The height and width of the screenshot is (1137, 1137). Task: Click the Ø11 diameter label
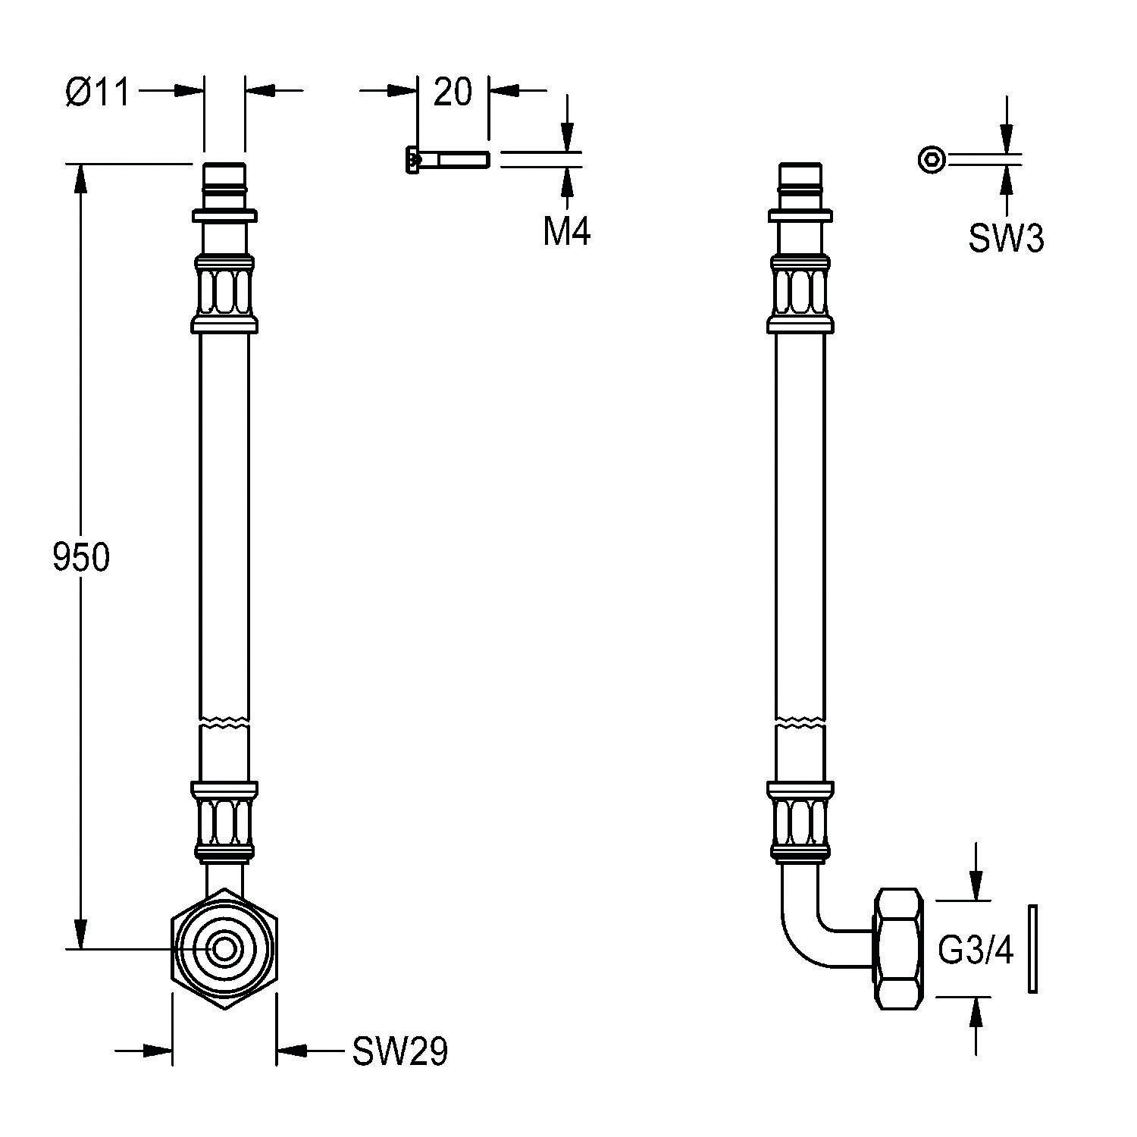(97, 92)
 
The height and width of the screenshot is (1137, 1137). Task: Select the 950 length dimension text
(81, 557)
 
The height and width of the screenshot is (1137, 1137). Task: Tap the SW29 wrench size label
(399, 1051)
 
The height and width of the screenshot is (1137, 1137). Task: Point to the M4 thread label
(566, 231)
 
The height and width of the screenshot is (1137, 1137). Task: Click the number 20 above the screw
(453, 92)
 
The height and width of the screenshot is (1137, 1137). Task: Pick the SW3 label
(1006, 239)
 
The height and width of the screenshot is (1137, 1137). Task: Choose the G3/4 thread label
(976, 951)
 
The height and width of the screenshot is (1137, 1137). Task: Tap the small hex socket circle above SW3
(932, 160)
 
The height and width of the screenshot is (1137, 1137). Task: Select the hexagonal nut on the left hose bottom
(224, 948)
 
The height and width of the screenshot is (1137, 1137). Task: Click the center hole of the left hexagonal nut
(224, 948)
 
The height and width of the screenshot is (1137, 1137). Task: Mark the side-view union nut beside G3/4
(900, 949)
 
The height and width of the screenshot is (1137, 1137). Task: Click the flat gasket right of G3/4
(1032, 948)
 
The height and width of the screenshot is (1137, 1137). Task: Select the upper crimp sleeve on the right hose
(800, 294)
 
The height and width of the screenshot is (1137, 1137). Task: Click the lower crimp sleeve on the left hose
(224, 822)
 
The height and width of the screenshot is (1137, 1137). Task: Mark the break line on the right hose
(800, 720)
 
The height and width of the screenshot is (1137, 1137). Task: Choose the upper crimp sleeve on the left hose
(224, 294)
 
